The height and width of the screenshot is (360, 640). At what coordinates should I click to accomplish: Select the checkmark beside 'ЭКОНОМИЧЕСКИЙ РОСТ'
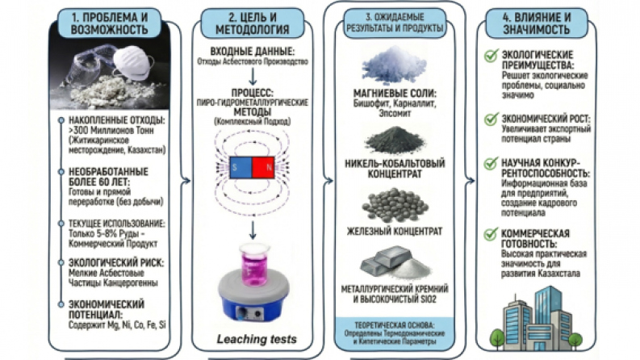489,119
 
